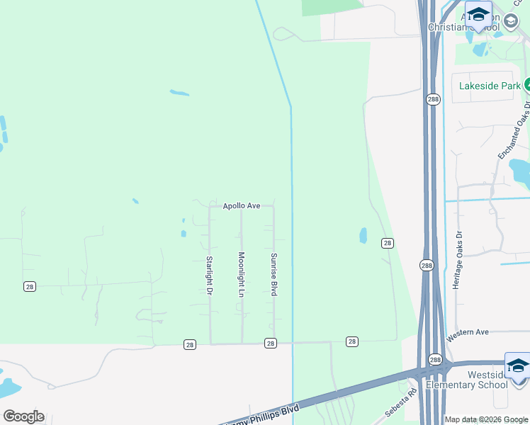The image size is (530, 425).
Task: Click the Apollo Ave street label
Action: [x=242, y=206]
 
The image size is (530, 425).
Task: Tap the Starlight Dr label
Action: [x=210, y=276]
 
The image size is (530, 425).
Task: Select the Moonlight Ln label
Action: [x=241, y=274]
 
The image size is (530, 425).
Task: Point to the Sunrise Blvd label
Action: [x=274, y=274]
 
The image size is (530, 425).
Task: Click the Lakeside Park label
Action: [x=489, y=86]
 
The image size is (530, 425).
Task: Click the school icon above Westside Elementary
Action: [x=517, y=365]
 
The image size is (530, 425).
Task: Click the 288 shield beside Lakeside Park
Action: [x=433, y=100]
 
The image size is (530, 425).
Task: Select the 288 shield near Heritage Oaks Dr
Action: [x=426, y=266]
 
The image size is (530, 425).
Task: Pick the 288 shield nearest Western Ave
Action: [x=434, y=359]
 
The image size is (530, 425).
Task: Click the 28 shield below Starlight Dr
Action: [x=189, y=344]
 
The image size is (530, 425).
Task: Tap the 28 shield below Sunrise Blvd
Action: [x=271, y=343]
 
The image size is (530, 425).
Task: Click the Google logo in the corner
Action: [x=23, y=416]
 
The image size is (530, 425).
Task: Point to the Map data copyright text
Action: [x=486, y=419]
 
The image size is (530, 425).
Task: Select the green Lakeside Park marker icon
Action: [x=527, y=86]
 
